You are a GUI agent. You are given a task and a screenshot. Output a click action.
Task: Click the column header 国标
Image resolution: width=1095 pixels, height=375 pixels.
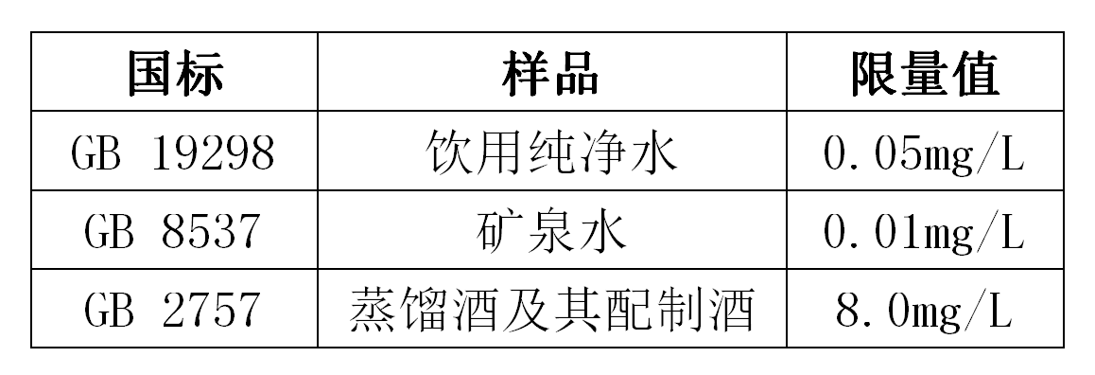click(175, 73)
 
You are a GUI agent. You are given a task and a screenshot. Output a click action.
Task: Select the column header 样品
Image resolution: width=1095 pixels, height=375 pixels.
click(551, 73)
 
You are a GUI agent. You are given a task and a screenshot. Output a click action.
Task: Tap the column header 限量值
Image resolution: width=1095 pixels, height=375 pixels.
click(926, 73)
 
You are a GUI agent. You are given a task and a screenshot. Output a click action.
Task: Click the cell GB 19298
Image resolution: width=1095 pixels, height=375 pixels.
click(173, 152)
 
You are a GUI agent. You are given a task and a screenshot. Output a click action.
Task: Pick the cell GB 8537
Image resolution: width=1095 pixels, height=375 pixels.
click(173, 231)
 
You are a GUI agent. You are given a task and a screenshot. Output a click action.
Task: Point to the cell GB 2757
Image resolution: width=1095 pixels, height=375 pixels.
click(173, 310)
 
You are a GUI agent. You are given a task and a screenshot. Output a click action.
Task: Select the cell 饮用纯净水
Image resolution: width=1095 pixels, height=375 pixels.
click(551, 152)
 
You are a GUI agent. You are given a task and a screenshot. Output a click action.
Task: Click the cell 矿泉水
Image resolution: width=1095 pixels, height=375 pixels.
click(551, 231)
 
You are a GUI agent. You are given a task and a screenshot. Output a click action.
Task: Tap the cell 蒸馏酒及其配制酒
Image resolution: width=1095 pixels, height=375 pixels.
click(551, 310)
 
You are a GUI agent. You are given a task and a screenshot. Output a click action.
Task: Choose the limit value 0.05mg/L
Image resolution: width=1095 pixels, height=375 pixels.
click(924, 153)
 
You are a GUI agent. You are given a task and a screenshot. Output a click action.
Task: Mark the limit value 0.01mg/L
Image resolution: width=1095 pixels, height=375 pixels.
click(924, 232)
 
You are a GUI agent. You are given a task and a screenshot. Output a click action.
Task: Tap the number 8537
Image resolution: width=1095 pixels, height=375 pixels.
click(212, 231)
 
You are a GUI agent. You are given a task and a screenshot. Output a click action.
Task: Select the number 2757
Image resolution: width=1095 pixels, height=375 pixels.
click(212, 310)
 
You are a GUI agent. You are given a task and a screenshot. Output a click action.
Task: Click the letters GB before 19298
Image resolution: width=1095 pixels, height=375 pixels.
click(96, 152)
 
